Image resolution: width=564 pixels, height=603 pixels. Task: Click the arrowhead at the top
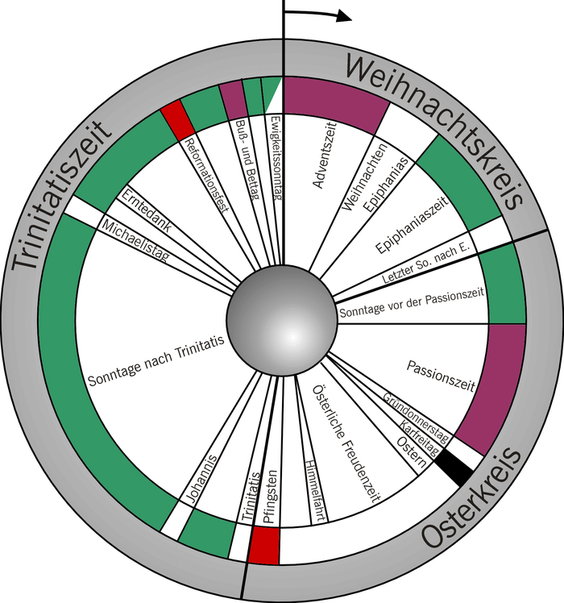point(344,16)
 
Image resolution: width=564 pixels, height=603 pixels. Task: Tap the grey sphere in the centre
point(282,320)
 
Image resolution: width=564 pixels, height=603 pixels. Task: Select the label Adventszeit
point(326,155)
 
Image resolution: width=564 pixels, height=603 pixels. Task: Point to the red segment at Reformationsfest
point(177,119)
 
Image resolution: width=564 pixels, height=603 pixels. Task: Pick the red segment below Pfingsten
point(263,546)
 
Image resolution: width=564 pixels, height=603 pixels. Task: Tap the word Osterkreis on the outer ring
point(472,499)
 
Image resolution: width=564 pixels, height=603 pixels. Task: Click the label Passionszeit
point(441,376)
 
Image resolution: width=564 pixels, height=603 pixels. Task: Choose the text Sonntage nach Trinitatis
point(156,361)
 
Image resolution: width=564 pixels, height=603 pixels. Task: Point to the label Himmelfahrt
point(316,491)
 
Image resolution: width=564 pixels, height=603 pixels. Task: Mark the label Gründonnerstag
point(416,418)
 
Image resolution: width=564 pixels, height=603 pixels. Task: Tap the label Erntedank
point(146,210)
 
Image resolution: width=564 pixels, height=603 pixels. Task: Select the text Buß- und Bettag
point(247,159)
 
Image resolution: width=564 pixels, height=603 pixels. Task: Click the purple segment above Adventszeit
point(335,104)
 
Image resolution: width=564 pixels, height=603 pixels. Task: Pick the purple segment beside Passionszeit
point(493,387)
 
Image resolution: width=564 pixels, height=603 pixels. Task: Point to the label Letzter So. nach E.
point(426,264)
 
